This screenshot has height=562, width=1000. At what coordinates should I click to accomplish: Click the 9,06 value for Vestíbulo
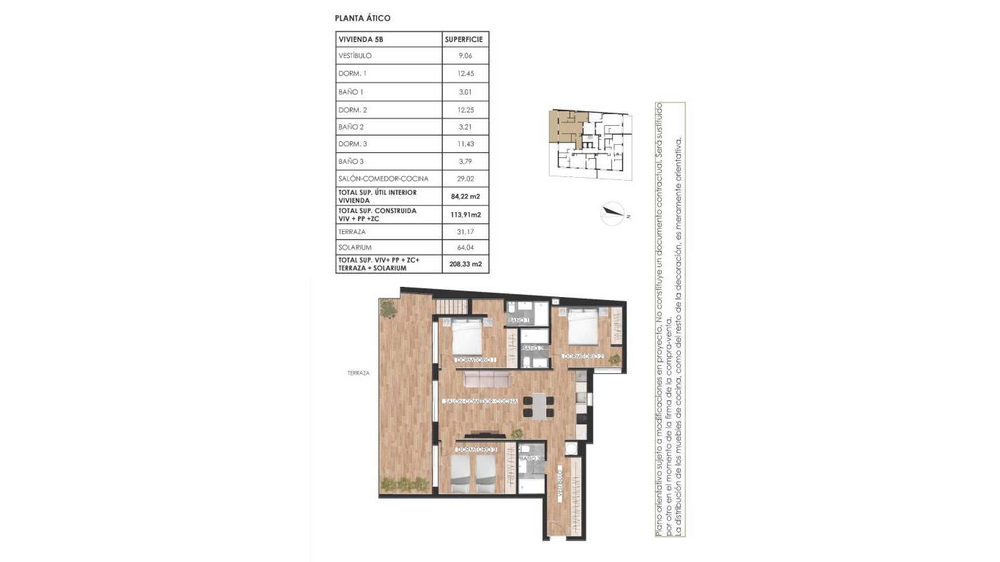[466, 56]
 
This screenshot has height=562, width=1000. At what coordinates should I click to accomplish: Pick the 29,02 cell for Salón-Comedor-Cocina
[466, 179]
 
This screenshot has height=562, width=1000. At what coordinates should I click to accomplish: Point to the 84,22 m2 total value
[466, 196]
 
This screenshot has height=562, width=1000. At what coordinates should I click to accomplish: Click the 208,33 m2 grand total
[466, 263]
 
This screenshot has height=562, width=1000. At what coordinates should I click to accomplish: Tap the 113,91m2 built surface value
[466, 214]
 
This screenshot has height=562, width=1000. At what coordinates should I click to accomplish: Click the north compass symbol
[612, 214]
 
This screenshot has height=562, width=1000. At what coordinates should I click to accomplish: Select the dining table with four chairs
[538, 405]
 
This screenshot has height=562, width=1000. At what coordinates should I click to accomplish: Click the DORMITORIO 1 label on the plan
[476, 360]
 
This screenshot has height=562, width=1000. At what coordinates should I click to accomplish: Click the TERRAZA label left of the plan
[359, 373]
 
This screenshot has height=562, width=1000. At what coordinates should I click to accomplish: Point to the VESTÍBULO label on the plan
[559, 486]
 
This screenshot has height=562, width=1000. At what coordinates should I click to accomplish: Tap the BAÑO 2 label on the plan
[532, 348]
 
